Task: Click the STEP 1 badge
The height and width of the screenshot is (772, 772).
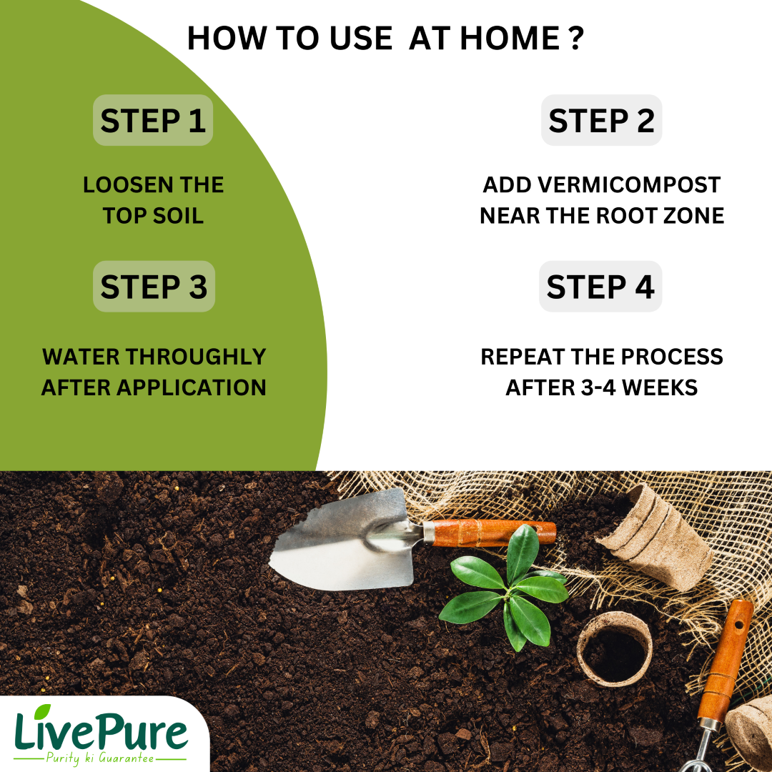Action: (153, 120)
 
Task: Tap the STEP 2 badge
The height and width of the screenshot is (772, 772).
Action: (601, 120)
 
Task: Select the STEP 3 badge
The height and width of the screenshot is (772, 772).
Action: (154, 286)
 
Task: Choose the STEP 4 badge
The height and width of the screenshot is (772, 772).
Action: (600, 286)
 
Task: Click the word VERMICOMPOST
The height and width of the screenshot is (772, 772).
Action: (629, 185)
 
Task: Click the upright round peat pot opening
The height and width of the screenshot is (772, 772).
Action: (615, 649)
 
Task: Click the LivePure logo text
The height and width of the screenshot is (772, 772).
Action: (101, 730)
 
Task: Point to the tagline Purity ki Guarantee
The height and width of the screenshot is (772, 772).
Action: (100, 758)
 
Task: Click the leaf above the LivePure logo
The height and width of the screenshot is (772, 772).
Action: (42, 711)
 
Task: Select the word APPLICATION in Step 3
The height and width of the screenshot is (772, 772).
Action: (192, 387)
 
